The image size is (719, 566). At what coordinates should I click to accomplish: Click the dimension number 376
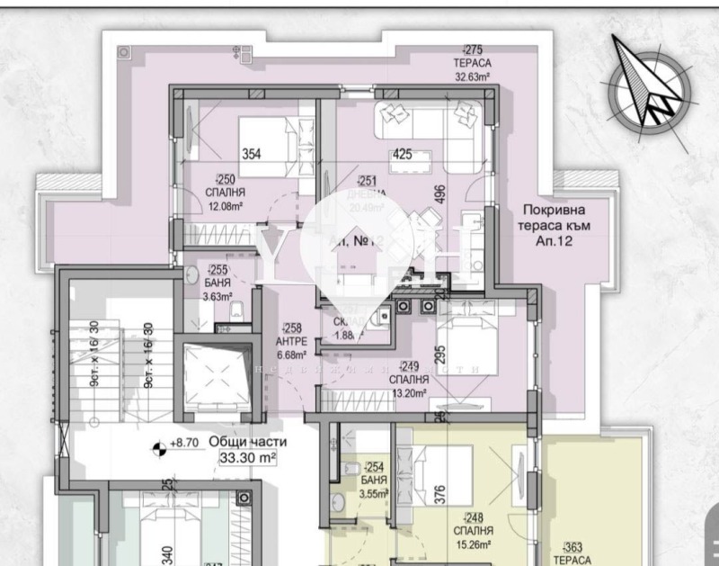[441, 497]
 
